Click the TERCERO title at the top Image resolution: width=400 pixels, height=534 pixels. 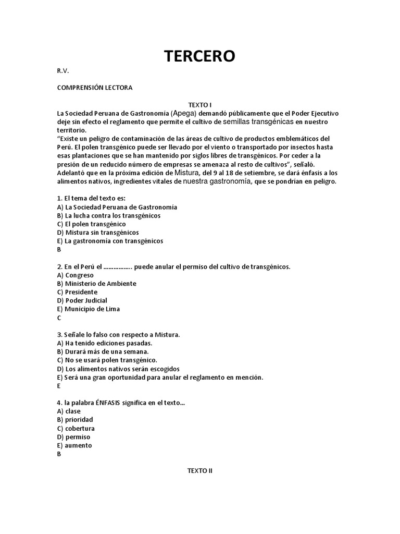tap(199, 56)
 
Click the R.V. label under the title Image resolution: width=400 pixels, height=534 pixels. tap(63, 70)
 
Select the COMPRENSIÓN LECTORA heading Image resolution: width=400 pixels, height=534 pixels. tap(95, 88)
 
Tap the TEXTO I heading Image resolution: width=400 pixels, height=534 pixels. tap(200, 105)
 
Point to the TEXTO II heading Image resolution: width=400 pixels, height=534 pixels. tap(200, 470)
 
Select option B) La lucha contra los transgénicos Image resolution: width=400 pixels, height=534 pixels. tap(109, 215)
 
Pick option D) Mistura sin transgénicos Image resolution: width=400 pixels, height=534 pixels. tap(98, 233)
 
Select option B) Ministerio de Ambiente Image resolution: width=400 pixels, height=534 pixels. tap(97, 284)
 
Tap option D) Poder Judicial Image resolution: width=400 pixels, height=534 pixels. tap(82, 300)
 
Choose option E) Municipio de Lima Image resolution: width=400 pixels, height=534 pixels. tap(89, 309)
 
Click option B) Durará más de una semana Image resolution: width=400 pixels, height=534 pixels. tap(99, 351)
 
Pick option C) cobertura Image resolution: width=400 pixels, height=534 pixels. tap(76, 428)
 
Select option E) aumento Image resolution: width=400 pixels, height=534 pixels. tap(74, 445)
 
